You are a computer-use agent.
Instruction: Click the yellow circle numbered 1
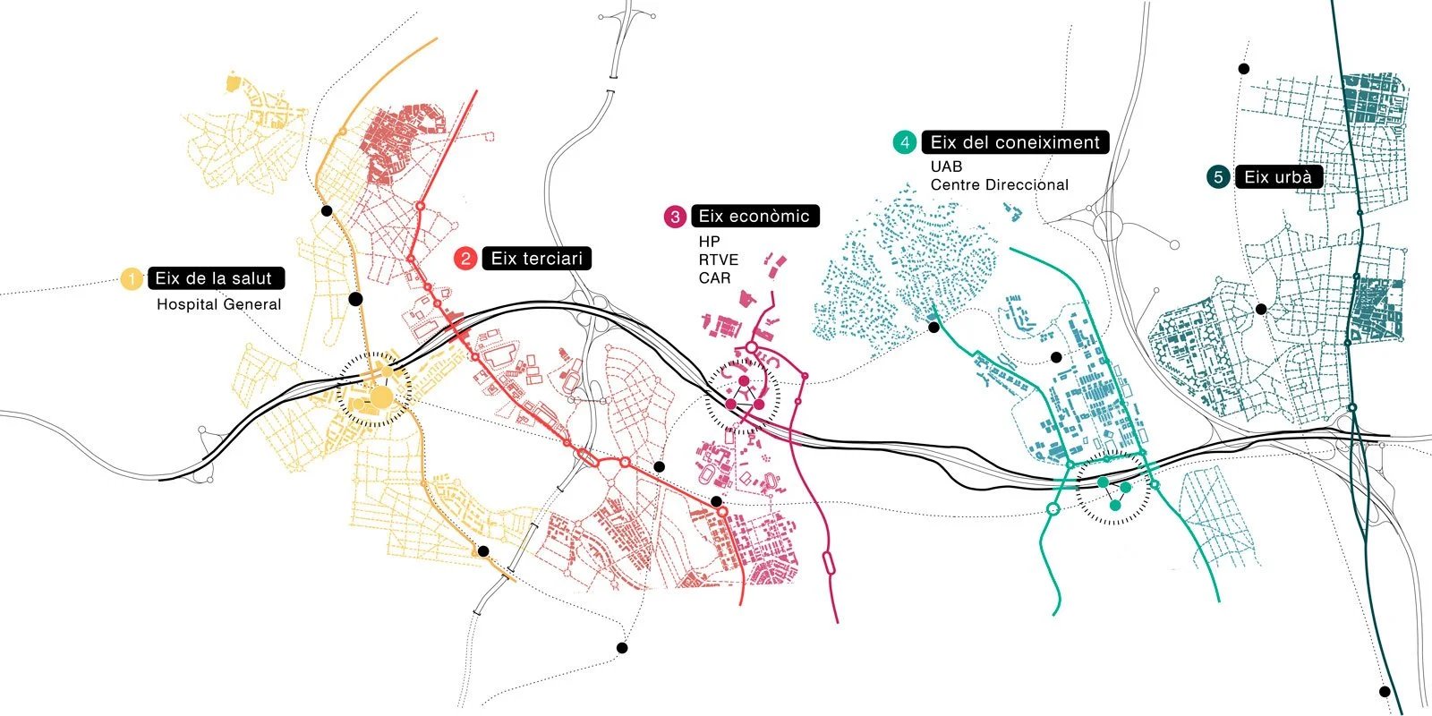click(132, 279)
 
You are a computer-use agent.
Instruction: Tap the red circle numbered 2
click(465, 259)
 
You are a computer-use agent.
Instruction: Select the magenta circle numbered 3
click(675, 217)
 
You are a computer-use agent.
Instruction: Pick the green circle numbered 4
click(905, 142)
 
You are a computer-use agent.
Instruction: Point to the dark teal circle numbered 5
click(1218, 177)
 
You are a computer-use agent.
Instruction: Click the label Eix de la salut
click(215, 278)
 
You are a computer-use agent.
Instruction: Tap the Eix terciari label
click(536, 259)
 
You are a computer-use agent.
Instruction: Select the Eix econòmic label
click(754, 216)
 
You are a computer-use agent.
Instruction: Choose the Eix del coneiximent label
click(1015, 142)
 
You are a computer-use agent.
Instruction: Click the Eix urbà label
click(1278, 177)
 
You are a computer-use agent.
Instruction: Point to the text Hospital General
click(218, 304)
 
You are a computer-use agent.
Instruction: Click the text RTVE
click(719, 260)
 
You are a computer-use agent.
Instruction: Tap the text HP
click(709, 242)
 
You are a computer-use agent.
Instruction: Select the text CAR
click(714, 278)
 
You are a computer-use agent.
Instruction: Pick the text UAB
click(946, 166)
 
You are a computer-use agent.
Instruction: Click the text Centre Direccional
click(999, 185)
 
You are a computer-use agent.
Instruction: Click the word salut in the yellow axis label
click(251, 278)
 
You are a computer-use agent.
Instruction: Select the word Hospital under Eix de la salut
click(187, 304)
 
